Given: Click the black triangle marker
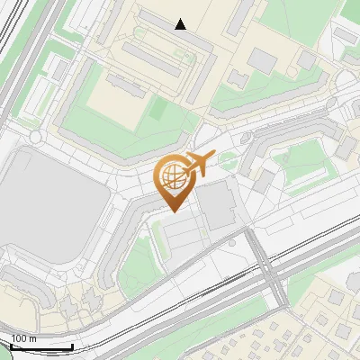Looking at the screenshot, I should (181, 24).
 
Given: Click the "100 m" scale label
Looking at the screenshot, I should (23, 338).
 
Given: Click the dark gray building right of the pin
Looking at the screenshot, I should (217, 203).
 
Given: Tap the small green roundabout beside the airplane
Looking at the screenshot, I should (229, 163).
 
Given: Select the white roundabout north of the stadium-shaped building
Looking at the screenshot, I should (36, 137).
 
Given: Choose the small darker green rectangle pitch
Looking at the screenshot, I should (158, 109).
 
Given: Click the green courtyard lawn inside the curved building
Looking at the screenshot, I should (301, 160).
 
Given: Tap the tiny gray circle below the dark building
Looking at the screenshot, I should (231, 242).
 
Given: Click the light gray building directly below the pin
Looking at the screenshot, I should (184, 239).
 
